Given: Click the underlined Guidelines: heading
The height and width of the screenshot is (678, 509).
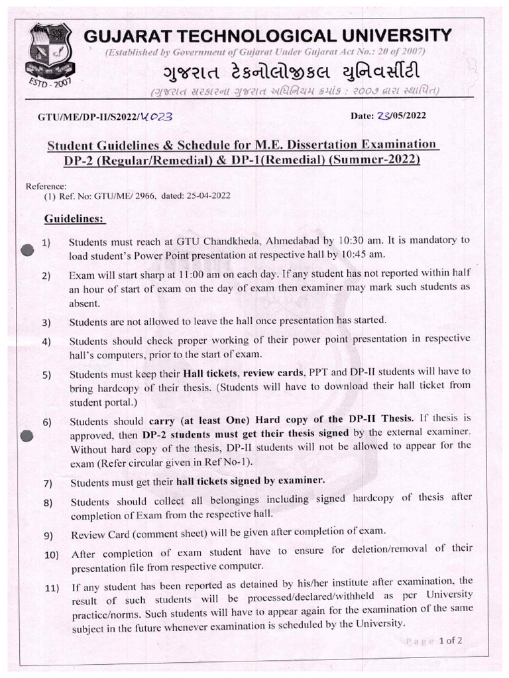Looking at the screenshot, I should point(74,218).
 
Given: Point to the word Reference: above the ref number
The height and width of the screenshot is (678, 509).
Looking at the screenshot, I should point(45,187).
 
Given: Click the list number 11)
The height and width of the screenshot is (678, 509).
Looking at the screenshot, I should point(52,587).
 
